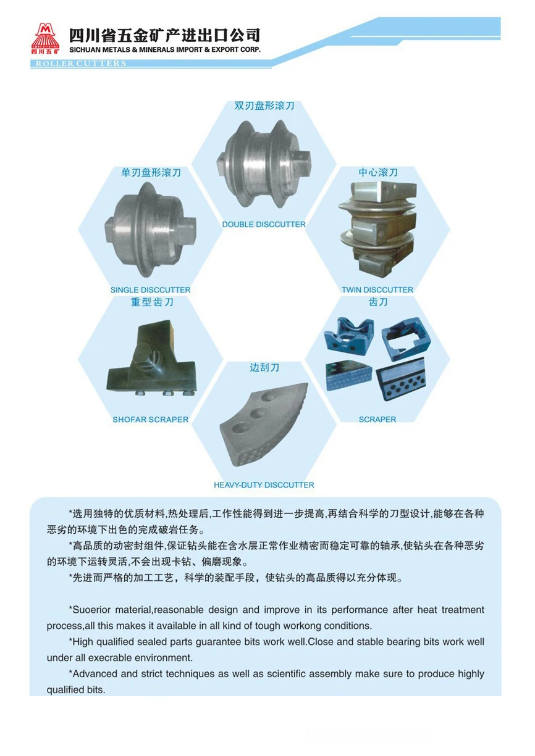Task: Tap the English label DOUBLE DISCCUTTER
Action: pyautogui.click(x=264, y=225)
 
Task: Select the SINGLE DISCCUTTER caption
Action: pyautogui.click(x=150, y=290)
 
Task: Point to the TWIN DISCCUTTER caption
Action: pyautogui.click(x=377, y=290)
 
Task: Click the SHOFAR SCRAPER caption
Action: pyautogui.click(x=150, y=420)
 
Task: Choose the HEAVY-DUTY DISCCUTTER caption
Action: pyautogui.click(x=264, y=485)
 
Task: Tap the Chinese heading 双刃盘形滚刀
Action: pyautogui.click(x=264, y=106)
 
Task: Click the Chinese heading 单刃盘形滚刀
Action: pyautogui.click(x=151, y=173)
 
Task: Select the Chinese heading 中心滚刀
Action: pyautogui.click(x=378, y=172)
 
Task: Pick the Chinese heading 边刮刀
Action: pyautogui.click(x=264, y=367)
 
